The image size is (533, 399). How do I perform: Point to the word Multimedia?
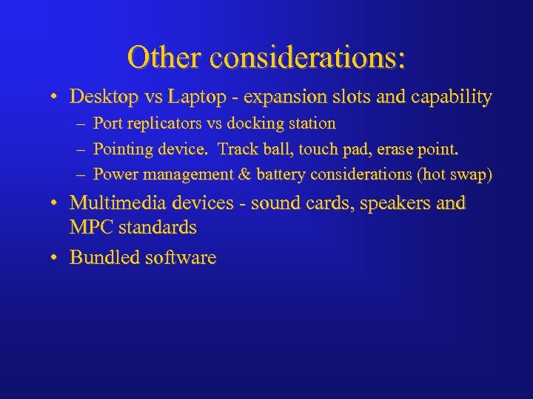(x=118, y=203)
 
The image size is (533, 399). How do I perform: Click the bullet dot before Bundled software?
(x=56, y=259)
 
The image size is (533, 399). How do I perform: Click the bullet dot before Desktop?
(x=56, y=98)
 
